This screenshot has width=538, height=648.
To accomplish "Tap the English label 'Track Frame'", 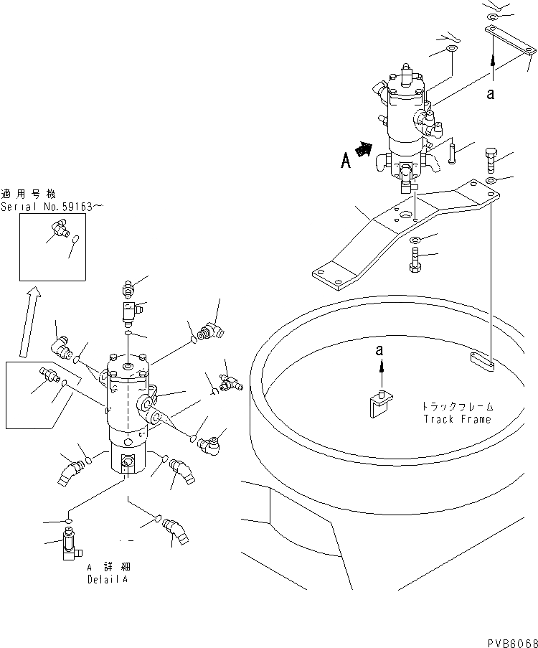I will [x=457, y=420].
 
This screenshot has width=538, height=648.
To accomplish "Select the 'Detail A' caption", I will [x=108, y=578].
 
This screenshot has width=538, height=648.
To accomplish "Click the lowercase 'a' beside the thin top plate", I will [x=491, y=93].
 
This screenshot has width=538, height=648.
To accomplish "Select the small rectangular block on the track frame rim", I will [x=481, y=362].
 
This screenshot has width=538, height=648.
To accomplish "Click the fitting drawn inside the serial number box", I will [x=58, y=229].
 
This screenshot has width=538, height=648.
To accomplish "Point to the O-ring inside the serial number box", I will [x=77, y=241].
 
